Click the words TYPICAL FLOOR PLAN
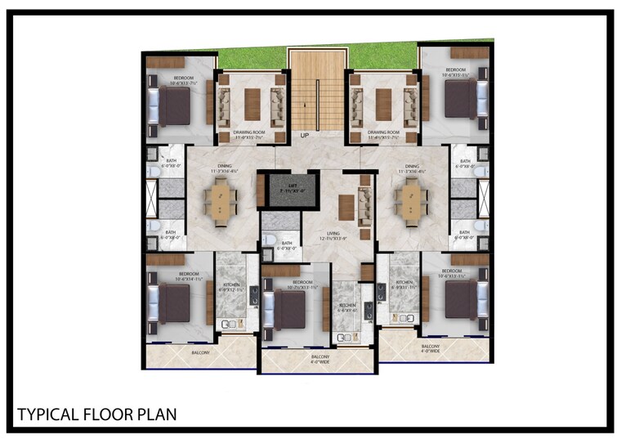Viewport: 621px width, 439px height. (96, 414)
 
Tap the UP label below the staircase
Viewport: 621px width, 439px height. (305, 135)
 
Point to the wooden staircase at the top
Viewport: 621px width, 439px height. (317, 90)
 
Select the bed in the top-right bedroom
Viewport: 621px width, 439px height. (460, 99)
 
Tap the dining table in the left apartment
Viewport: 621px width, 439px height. (221, 201)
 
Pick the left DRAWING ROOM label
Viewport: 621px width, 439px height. (249, 133)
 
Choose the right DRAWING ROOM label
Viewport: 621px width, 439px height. (383, 133)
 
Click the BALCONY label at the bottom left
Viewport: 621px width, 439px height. (200, 352)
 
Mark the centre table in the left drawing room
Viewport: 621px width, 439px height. (252, 101)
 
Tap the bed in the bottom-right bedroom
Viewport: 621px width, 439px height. (460, 299)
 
